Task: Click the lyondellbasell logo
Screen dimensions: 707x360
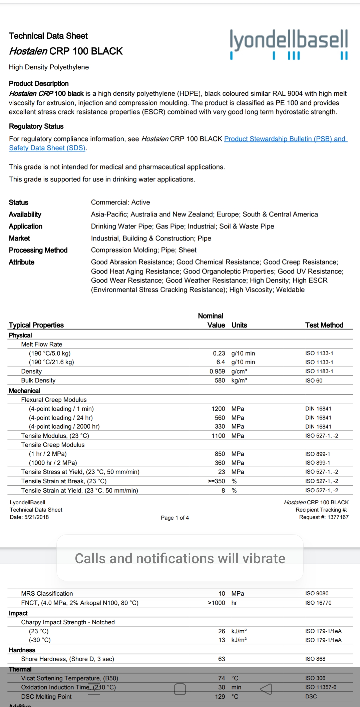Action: coord(289,44)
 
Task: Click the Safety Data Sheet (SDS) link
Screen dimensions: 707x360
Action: coord(47,148)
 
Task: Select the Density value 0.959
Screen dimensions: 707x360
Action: coord(217,371)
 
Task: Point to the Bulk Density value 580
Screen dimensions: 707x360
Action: coord(220,380)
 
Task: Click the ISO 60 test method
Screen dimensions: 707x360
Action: coord(314,381)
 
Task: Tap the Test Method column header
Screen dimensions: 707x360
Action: coord(324,325)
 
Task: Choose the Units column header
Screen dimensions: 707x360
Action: coord(239,325)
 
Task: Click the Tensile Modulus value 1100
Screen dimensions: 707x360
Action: coord(218,436)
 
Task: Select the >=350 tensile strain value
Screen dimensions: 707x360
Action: coord(216,481)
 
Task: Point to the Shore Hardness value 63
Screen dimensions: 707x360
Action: coord(221,659)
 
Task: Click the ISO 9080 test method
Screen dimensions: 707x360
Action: coord(317,593)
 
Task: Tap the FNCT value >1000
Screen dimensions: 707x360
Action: coord(216,603)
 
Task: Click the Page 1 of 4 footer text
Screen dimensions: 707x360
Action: coord(175,518)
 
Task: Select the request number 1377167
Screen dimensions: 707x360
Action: coord(338,517)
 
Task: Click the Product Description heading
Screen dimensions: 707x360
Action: coord(39,83)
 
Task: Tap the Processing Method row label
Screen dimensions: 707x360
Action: coord(38,250)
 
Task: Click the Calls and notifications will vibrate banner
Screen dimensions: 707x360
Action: coord(180,559)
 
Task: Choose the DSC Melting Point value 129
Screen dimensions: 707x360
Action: coord(220,696)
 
